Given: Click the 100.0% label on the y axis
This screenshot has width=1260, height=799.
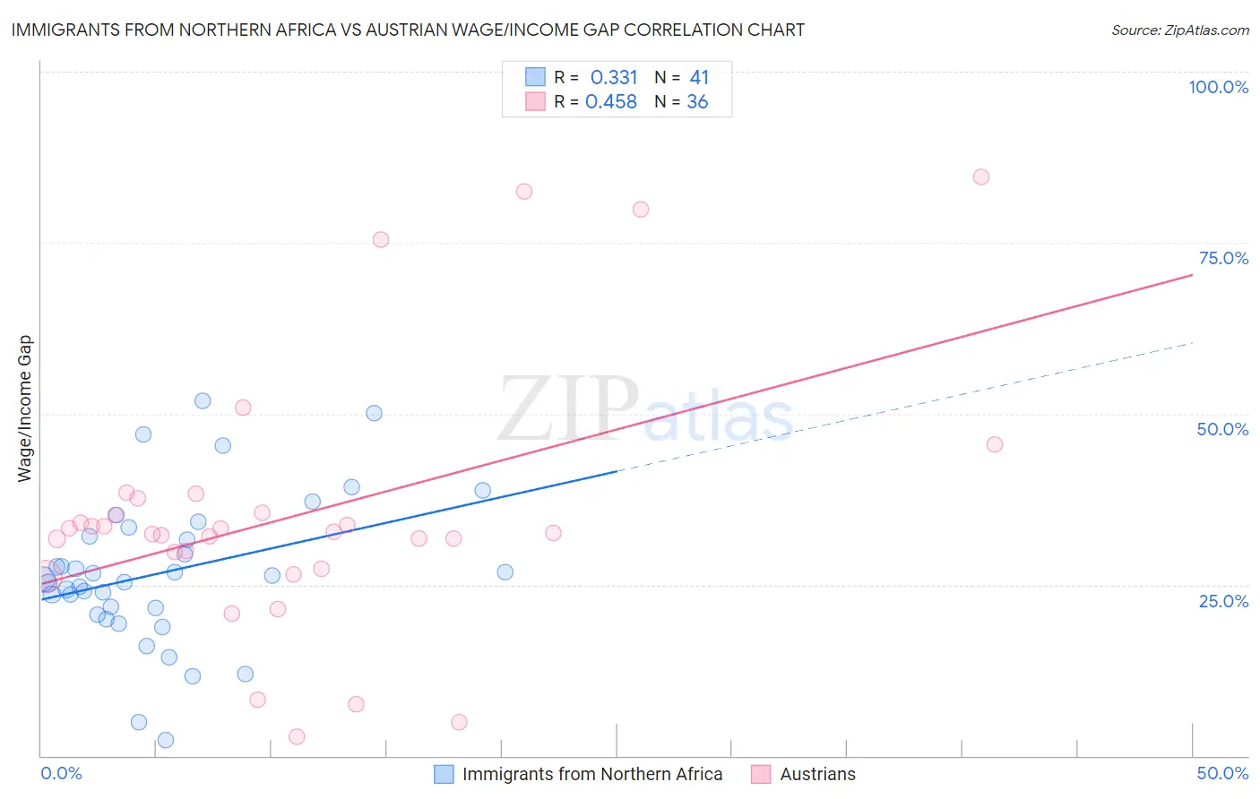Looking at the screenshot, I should click(x=1218, y=87).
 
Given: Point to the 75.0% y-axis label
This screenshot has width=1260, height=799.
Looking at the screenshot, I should click(x=1223, y=258).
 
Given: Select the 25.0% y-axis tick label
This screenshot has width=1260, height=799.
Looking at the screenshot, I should click(x=1223, y=601).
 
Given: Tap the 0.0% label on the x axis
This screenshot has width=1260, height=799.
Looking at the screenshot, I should click(x=61, y=773).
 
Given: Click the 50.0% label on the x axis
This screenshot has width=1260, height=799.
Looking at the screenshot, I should click(x=1222, y=773).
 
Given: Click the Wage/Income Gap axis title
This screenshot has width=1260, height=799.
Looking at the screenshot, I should click(x=24, y=408).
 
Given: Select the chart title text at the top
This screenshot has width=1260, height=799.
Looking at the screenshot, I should click(x=408, y=30).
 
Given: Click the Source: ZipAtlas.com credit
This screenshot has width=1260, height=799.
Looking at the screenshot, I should click(x=1179, y=30).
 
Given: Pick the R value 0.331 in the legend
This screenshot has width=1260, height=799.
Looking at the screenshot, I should click(x=614, y=78).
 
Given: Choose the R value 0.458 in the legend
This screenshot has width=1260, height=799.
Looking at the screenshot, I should click(x=611, y=102).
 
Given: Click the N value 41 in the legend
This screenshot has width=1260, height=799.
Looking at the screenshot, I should click(x=699, y=78).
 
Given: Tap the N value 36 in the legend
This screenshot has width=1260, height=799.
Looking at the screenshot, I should click(x=697, y=102).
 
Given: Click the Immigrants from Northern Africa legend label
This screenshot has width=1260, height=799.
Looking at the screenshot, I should click(x=591, y=774).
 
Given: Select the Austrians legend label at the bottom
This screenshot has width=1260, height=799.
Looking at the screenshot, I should click(x=817, y=774).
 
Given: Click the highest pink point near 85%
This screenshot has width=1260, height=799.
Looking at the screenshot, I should click(x=981, y=177).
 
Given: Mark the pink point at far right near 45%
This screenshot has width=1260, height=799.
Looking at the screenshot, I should click(x=994, y=444).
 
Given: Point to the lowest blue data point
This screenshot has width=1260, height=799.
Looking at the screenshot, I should click(x=166, y=740).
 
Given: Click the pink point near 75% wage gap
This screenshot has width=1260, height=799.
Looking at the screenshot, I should click(x=381, y=239).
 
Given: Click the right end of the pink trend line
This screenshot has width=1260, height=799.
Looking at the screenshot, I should click(x=1192, y=275).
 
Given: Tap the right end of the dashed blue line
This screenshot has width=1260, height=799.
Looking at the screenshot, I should click(x=1192, y=342).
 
